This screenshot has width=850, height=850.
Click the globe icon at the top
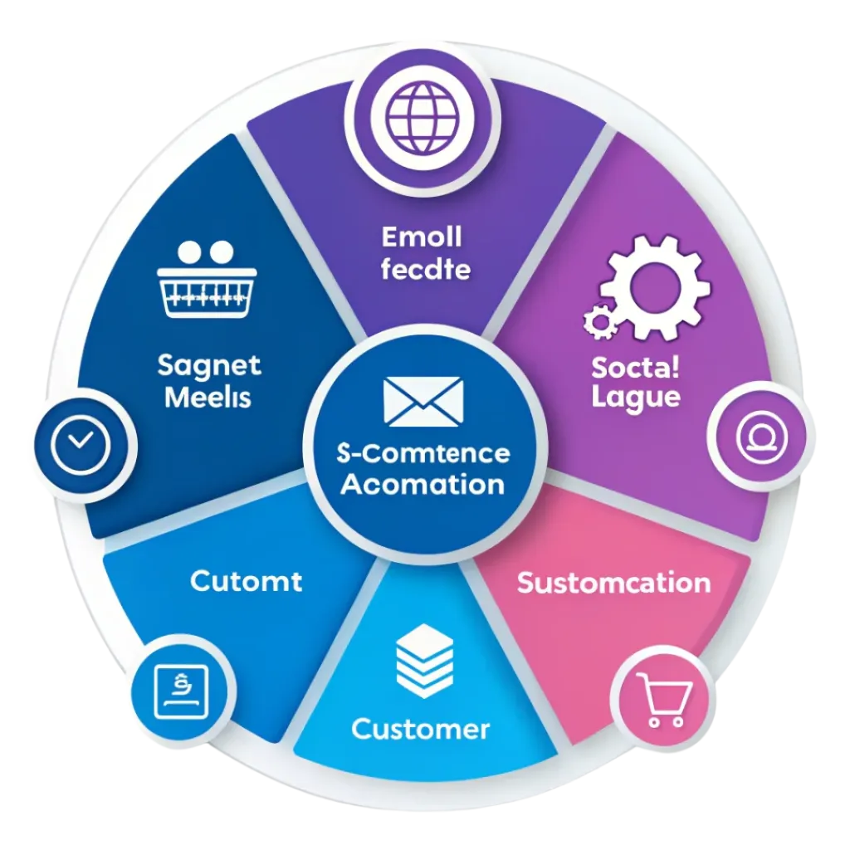[423, 118]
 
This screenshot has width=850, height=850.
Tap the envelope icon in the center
[423, 402]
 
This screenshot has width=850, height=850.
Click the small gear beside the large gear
[601, 322]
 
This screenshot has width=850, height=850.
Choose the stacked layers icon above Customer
[424, 660]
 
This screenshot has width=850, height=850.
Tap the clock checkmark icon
[81, 444]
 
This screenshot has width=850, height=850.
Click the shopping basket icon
[207, 279]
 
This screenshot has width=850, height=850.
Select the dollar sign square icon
[182, 691]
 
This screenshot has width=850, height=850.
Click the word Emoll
[422, 237]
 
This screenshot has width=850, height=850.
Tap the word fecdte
[426, 270]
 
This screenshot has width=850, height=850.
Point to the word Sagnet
[209, 366]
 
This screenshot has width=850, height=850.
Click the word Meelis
[208, 398]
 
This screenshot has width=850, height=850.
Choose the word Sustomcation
[613, 584]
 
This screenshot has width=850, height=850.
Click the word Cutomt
[246, 582]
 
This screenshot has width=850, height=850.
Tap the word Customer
[421, 729]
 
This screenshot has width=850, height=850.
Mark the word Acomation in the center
[423, 484]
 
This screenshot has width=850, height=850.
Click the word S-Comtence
[423, 453]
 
